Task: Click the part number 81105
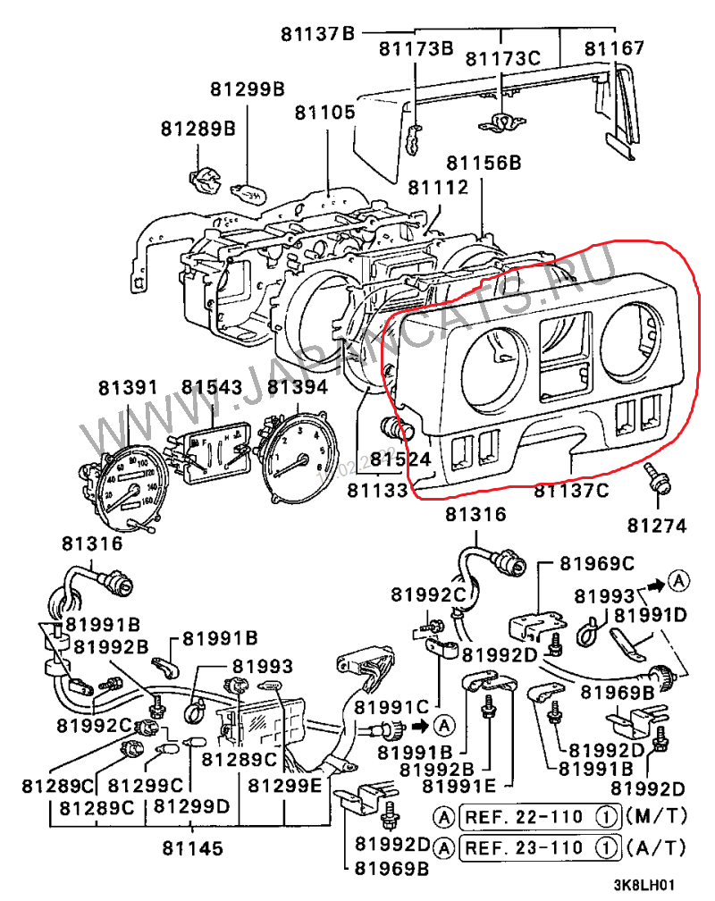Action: [325, 114]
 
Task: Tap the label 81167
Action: [614, 48]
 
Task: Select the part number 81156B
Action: [484, 163]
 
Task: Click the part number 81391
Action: [128, 388]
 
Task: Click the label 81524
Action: [401, 459]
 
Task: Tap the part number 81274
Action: [657, 524]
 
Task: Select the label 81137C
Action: [571, 490]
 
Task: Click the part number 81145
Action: [193, 847]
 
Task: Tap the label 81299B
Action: [248, 89]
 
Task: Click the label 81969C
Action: [597, 564]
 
